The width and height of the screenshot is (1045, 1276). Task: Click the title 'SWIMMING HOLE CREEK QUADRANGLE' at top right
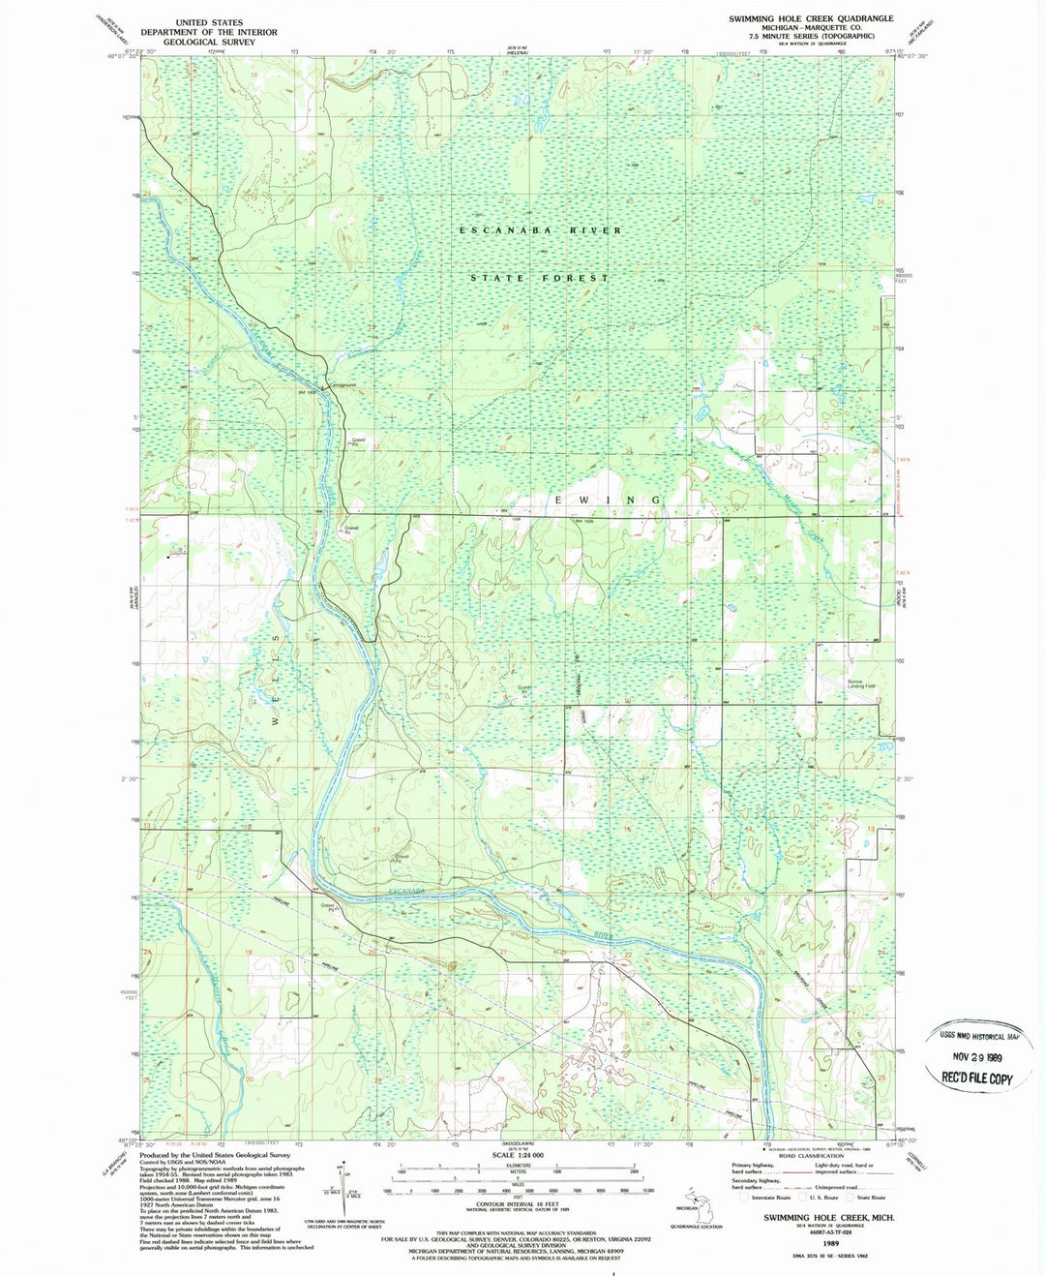pos(811,18)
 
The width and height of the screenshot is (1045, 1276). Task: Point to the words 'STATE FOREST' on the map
pos(540,278)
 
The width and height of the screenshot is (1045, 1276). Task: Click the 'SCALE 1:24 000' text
pos(518,1156)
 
